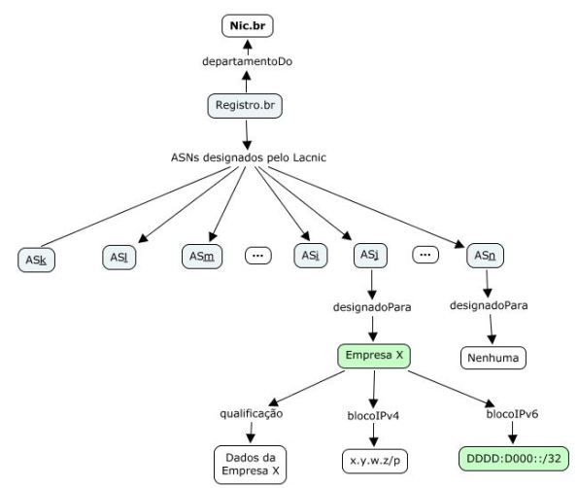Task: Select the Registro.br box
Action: [245, 105]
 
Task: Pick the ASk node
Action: [37, 260]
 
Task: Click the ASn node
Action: [486, 256]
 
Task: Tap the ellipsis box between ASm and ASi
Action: [258, 256]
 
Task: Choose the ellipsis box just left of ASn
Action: [425, 255]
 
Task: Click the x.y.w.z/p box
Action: [373, 457]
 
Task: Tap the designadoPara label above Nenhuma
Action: [489, 305]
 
